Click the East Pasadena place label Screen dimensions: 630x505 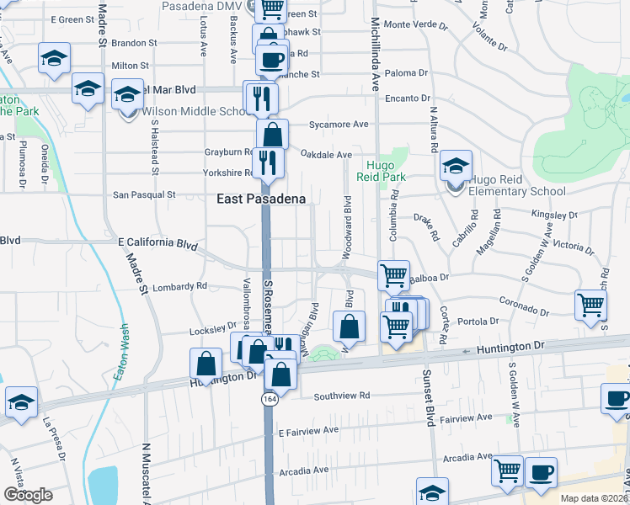tap(260, 199)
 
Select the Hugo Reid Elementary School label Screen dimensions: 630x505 tap(517, 191)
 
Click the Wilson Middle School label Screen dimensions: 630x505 tap(195, 112)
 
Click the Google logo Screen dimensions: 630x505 tap(29, 494)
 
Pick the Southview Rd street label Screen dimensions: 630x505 tap(341, 396)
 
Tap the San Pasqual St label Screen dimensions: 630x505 tap(144, 194)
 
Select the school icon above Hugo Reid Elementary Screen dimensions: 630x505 tap(456, 165)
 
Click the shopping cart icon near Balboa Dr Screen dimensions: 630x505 tap(393, 275)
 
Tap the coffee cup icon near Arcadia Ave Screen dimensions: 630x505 tap(541, 472)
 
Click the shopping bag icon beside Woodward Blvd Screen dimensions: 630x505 tap(348, 327)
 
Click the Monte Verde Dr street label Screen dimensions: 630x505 tap(414, 24)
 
